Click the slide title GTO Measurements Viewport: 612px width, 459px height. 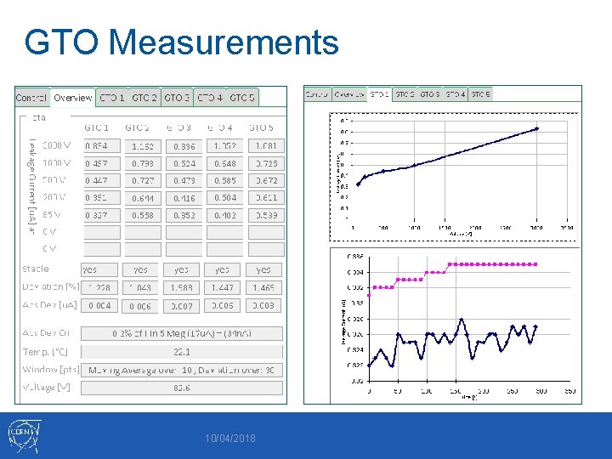pyautogui.click(x=182, y=42)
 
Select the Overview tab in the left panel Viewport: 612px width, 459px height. pyautogui.click(x=72, y=98)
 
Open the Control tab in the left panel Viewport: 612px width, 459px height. pyautogui.click(x=31, y=98)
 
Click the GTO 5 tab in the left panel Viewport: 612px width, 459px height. pyautogui.click(x=242, y=98)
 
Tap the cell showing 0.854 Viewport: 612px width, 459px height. pyautogui.click(x=97, y=146)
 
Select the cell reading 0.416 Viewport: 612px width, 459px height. pyautogui.click(x=181, y=197)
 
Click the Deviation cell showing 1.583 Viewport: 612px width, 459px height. pyautogui.click(x=181, y=288)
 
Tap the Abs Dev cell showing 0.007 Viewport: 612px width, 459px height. pyautogui.click(x=181, y=305)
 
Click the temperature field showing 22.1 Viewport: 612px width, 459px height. pyautogui.click(x=182, y=352)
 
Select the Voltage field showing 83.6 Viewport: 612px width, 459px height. pyautogui.click(x=182, y=387)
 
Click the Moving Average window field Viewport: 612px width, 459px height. pyautogui.click(x=182, y=370)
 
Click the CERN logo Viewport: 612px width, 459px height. pyautogui.click(x=23, y=436)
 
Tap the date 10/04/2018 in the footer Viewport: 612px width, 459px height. pyautogui.click(x=229, y=439)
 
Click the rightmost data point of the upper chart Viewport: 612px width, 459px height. pyautogui.click(x=536, y=128)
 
